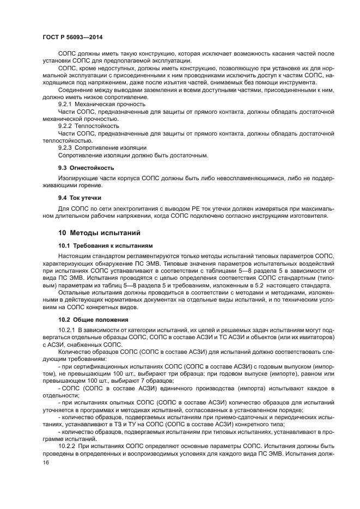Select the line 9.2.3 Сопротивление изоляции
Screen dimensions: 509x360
tap(102, 148)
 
